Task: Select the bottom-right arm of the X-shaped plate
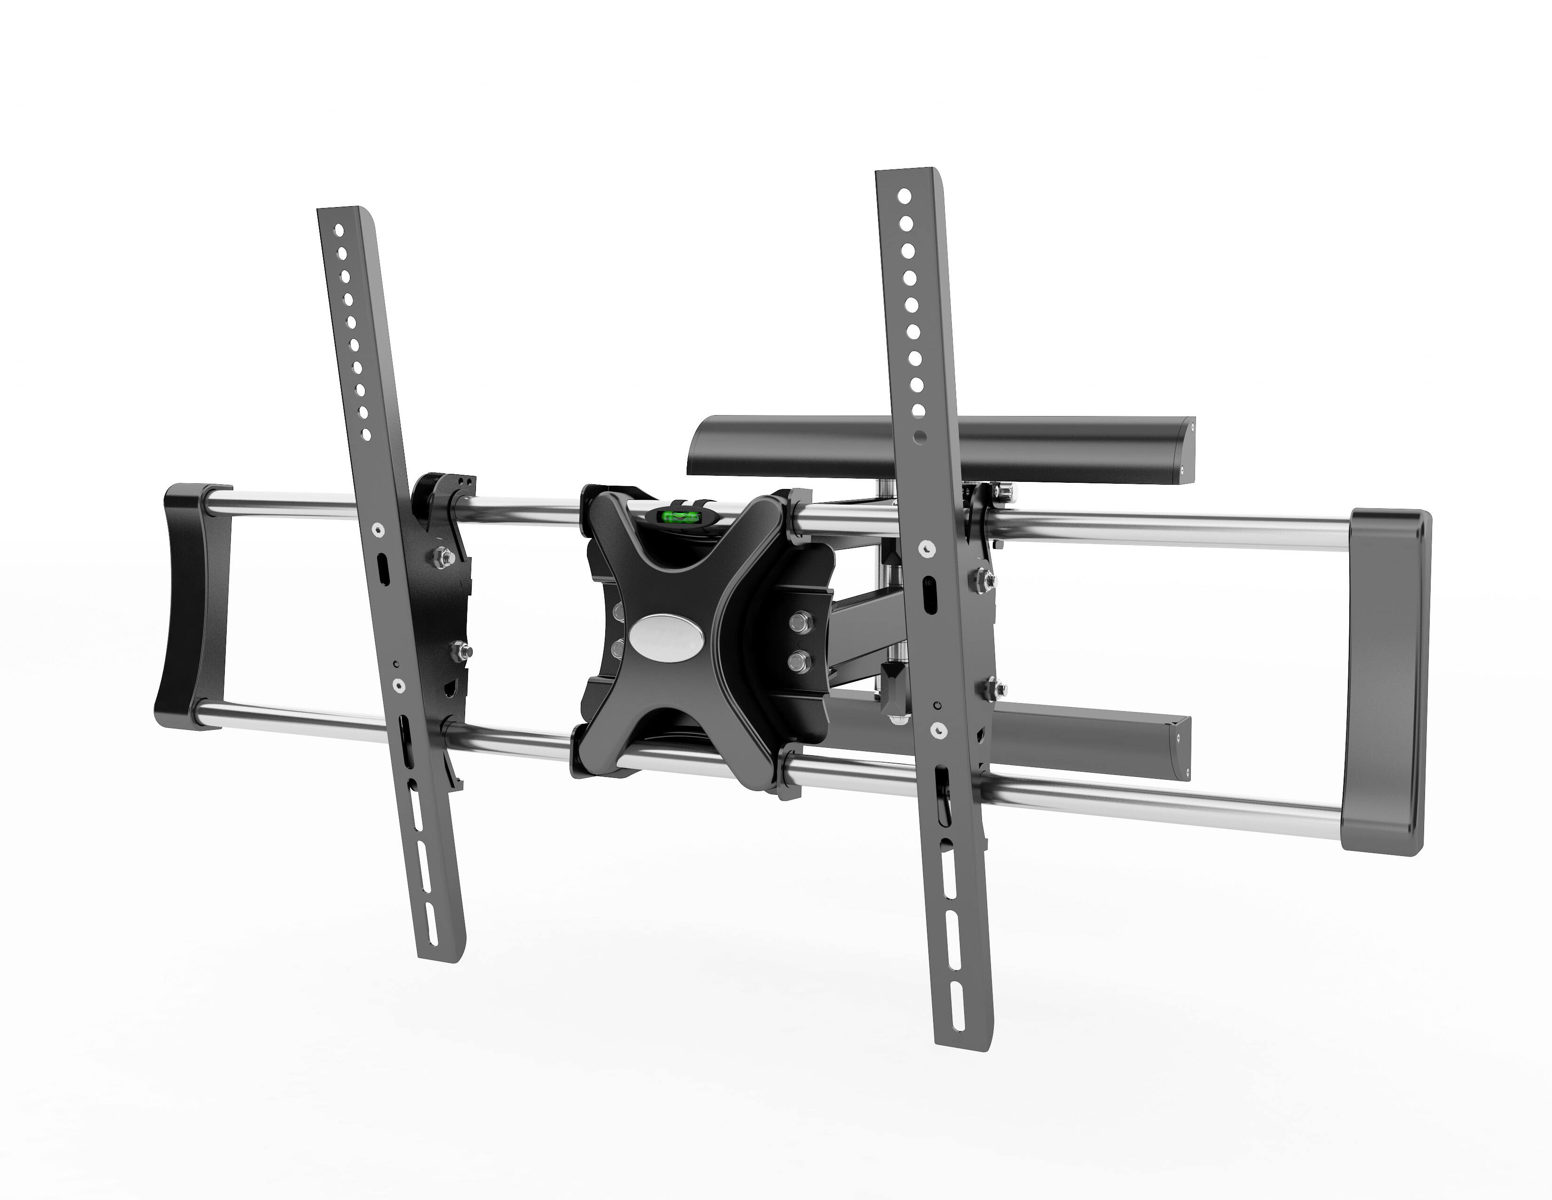coord(753,768)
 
